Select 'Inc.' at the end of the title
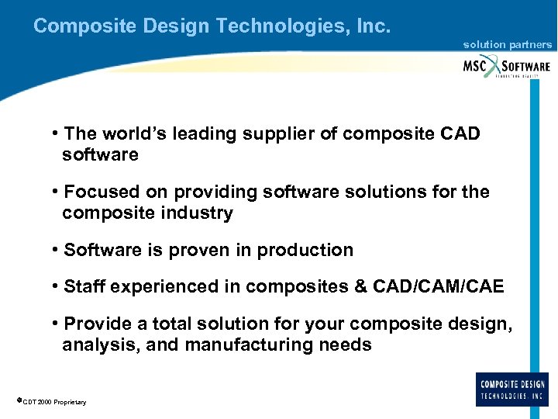[x=374, y=26]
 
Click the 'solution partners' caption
[x=508, y=45]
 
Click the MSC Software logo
[x=507, y=66]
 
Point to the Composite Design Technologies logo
[x=512, y=389]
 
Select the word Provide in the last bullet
[x=98, y=324]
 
